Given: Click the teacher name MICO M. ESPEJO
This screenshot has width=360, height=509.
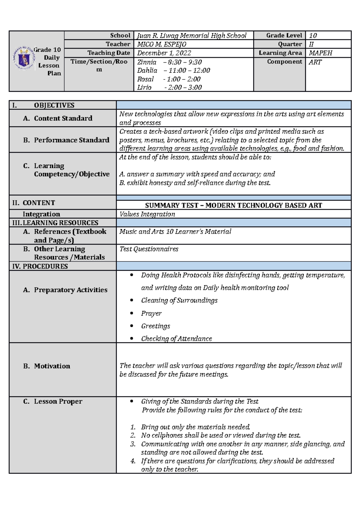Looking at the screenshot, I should point(162,44).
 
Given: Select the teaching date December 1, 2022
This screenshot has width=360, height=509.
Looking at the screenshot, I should point(164,53).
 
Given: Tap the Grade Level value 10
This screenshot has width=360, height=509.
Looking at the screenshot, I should point(313,35).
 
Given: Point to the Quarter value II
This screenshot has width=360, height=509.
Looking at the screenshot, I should point(311,44).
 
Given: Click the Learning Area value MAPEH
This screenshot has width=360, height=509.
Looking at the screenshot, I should point(320,53).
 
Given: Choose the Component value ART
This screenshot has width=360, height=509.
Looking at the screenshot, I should point(315,62).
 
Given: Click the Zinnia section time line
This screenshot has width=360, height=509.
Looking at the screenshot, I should point(169,62).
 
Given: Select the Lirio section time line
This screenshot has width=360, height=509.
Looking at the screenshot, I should point(169,87).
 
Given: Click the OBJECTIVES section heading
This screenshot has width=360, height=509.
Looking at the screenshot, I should point(54,105).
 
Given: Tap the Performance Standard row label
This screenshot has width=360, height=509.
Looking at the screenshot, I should point(71,140).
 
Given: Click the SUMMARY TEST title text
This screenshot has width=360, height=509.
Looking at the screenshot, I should point(233,205).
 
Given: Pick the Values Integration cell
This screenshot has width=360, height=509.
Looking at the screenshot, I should point(147,214).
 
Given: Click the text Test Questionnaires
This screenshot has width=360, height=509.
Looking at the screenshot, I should point(149,249).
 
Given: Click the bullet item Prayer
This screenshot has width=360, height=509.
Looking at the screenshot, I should point(151,313).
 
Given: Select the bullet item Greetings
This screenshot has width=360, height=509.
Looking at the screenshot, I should point(155,326).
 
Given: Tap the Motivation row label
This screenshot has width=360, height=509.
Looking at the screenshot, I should point(52,366).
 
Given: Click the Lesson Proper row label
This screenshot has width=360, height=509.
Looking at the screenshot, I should point(58,401).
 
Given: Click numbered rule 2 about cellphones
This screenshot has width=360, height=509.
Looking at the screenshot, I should point(220,435).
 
